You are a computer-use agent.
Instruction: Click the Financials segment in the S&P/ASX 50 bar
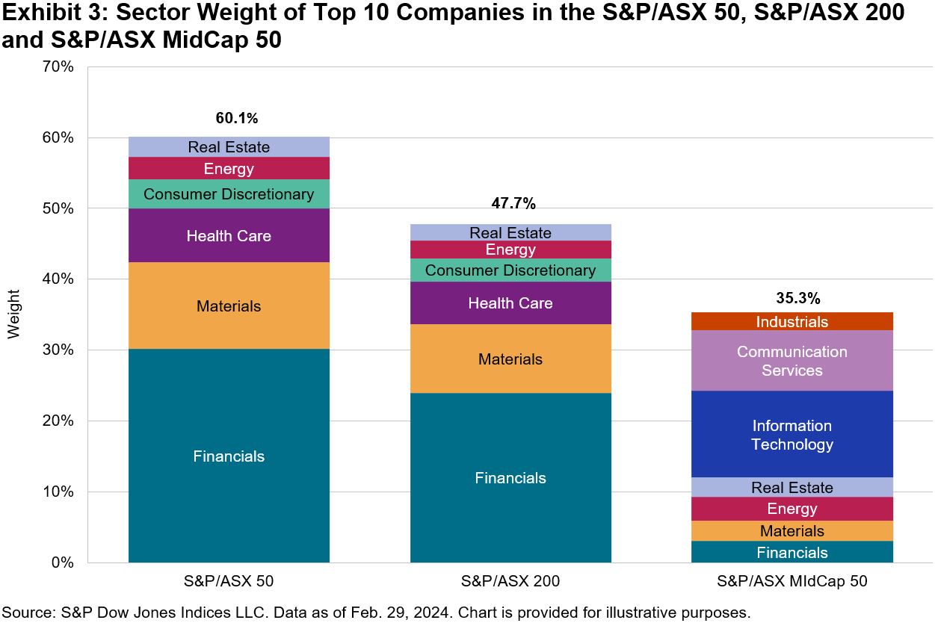(x=229, y=456)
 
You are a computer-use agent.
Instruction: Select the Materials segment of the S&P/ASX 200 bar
(x=510, y=359)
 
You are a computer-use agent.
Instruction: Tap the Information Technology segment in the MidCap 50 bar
(x=791, y=435)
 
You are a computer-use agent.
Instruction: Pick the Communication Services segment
(x=791, y=361)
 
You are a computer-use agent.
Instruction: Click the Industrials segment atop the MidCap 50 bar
(x=791, y=322)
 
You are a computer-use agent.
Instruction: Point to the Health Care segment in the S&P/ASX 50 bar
(x=229, y=235)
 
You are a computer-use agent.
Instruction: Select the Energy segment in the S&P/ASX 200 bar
(x=510, y=249)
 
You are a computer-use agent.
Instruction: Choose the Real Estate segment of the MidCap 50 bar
(x=791, y=488)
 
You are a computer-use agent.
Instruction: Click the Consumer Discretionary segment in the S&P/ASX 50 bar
(x=229, y=194)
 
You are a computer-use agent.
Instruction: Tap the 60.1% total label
(x=236, y=118)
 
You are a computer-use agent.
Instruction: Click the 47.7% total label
(x=513, y=204)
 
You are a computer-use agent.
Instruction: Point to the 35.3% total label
(x=798, y=299)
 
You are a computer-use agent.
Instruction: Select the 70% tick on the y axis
(x=58, y=67)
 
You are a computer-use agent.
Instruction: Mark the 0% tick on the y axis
(x=61, y=562)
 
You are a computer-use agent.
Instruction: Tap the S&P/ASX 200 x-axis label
(x=510, y=581)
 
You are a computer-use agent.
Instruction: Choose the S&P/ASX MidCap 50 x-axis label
(x=791, y=581)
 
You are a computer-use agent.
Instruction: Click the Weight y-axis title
(x=14, y=315)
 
